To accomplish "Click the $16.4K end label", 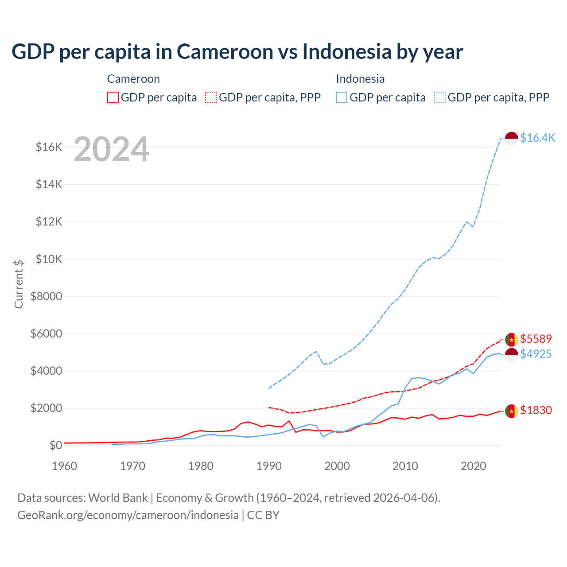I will coord(537,138).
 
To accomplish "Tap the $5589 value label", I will coord(536,339).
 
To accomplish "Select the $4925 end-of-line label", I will coord(536,354).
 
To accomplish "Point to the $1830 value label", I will coord(536,410).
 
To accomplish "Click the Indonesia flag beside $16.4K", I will coord(512,138).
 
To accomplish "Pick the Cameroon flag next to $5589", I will coord(512,340).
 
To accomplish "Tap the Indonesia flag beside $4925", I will coord(512,354).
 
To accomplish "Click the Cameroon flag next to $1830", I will coord(512,411).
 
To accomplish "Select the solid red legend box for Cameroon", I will coord(113,97).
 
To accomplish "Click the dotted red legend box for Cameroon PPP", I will coord(211,97).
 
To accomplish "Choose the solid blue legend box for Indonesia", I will coord(342,97).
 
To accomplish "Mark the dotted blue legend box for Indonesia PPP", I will coord(440,97).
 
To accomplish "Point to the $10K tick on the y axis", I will coord(49,259).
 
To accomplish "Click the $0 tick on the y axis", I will coord(55,445).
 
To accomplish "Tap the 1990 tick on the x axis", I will coord(269,466).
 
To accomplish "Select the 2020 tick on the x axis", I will coord(474,466).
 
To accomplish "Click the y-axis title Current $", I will coord(19,284).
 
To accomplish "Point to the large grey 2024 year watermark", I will coord(111,150).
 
